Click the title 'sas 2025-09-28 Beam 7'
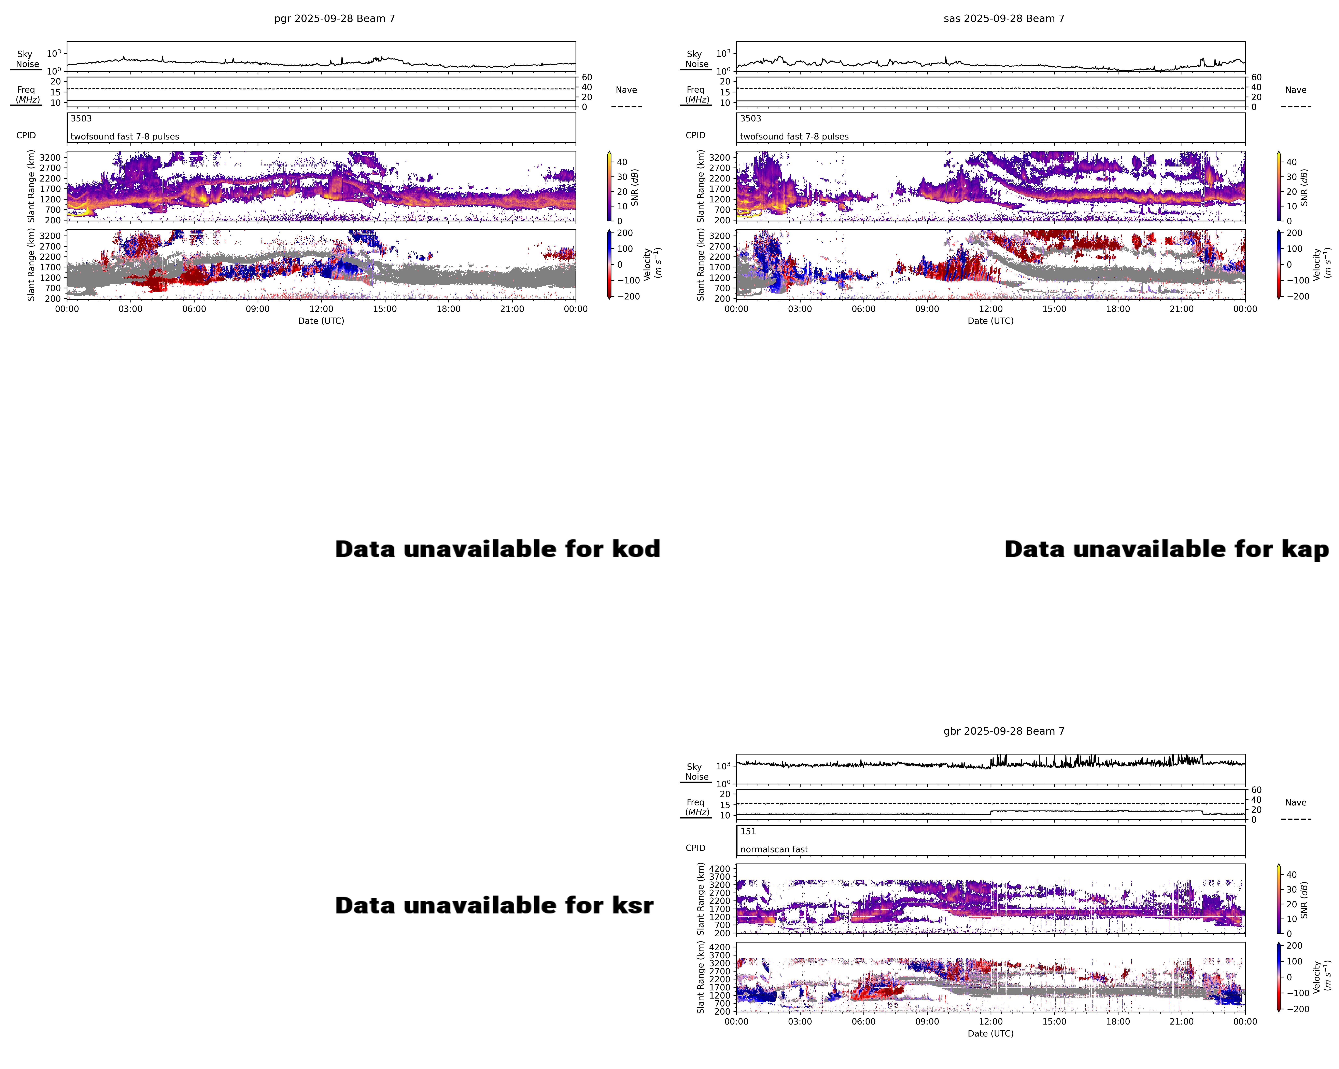(1004, 19)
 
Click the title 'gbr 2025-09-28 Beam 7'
(1004, 732)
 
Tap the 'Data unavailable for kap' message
(1166, 549)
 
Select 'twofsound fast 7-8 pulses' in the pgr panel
(125, 137)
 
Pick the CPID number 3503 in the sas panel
(750, 119)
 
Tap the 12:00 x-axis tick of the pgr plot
(321, 309)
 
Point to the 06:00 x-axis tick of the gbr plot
(863, 1022)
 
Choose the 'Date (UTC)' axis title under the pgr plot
(321, 321)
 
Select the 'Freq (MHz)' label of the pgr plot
(27, 94)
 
